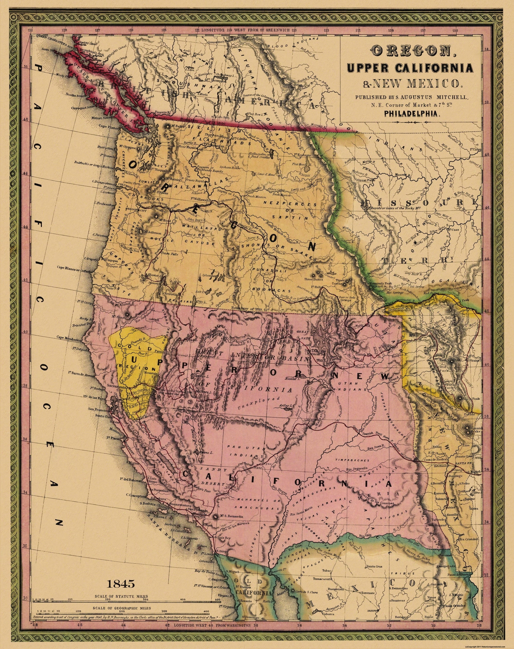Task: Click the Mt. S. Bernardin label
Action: (232, 517)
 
